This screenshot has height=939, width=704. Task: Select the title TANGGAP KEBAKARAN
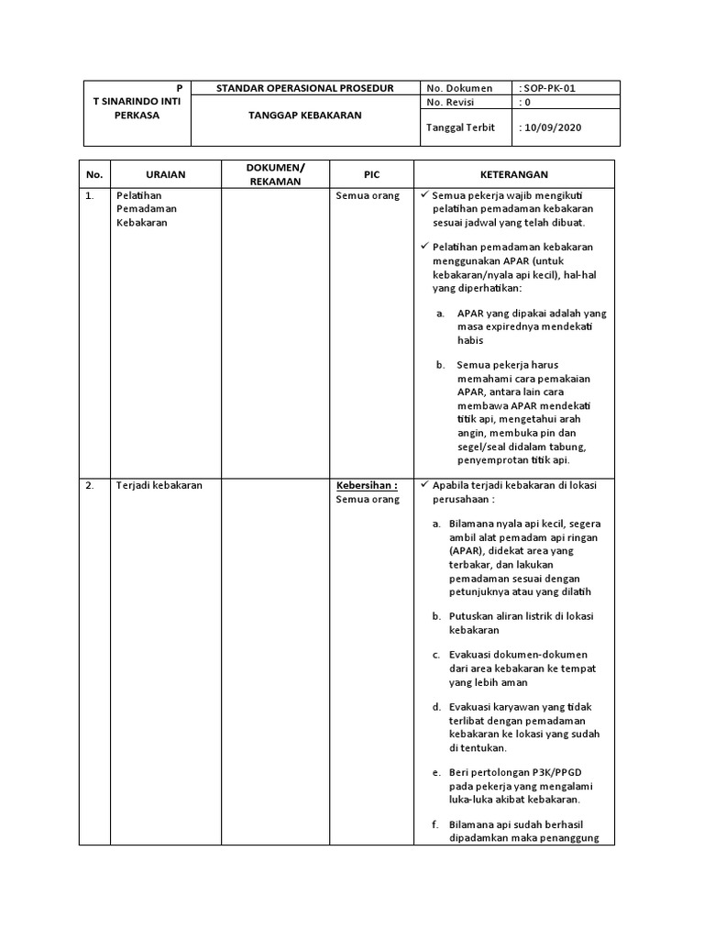tap(305, 116)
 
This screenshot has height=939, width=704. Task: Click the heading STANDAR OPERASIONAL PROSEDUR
tap(304, 88)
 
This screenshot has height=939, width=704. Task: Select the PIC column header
tap(371, 174)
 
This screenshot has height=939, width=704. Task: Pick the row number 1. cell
tap(90, 195)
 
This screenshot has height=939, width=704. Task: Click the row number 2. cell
tap(90, 486)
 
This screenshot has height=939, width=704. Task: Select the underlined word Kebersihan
tap(366, 486)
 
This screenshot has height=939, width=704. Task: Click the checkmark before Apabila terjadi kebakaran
tap(423, 485)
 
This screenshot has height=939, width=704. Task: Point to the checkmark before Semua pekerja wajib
tap(423, 195)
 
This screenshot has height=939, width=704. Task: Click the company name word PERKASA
tap(137, 116)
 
